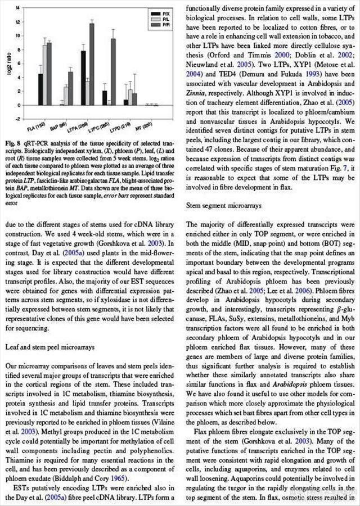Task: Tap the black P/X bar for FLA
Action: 40,89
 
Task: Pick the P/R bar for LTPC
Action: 113,71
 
